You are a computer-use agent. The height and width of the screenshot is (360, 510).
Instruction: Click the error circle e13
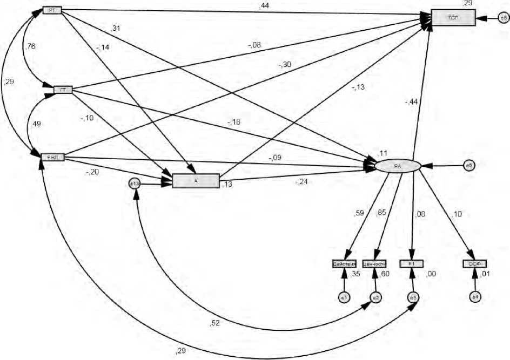point(135,184)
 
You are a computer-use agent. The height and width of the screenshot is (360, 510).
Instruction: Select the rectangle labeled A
point(196,181)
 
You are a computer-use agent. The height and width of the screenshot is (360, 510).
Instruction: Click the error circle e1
point(343,296)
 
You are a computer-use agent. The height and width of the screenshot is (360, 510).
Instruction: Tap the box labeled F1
point(412,264)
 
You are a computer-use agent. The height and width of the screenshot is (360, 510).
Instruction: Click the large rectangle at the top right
point(453,17)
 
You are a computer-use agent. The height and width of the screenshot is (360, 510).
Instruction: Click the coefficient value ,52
point(215,324)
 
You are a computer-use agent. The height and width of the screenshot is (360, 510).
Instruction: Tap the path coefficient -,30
point(284,65)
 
